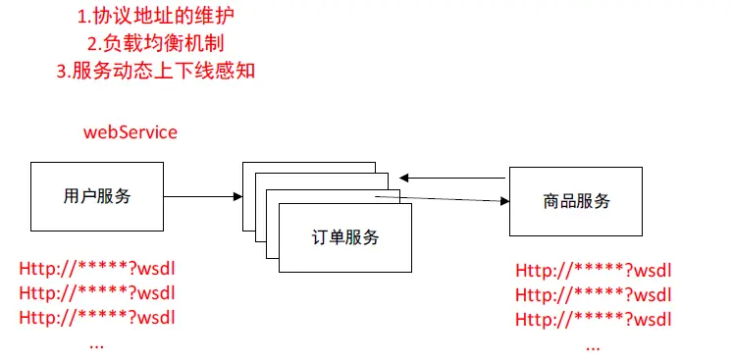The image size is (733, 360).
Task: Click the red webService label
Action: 130,131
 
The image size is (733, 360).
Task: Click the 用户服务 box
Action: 97,195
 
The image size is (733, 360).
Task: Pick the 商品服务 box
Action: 576,201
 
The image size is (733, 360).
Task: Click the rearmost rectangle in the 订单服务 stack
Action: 309,167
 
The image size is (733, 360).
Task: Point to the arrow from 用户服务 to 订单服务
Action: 202,196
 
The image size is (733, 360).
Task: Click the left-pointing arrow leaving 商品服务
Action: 451,178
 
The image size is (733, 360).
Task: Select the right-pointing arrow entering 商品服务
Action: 451,200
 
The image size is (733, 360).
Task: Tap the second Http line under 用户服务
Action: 102,293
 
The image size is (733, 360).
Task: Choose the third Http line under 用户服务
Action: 102,318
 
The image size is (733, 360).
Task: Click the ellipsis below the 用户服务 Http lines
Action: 97,343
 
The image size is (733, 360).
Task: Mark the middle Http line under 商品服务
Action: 594,295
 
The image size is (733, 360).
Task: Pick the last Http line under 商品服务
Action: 594,320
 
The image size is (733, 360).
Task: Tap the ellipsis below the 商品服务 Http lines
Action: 593,345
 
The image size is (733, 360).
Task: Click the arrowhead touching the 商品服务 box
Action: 504,202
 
